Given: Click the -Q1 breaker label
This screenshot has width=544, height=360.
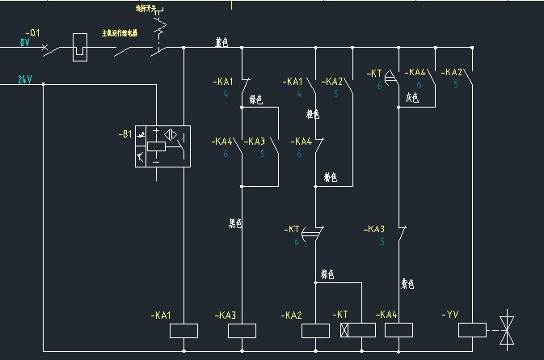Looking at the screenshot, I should coord(32,32).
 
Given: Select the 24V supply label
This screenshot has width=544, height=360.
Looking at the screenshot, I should coord(25,79).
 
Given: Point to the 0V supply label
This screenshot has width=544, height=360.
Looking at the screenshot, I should coord(24,42).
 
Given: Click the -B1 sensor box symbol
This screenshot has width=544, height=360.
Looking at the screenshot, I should coord(162,146).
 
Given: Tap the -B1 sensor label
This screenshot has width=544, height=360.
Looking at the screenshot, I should coord(125,134).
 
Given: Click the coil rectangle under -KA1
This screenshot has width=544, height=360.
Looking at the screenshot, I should coord(184,330).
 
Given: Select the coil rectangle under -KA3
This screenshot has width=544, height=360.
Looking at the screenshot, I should coord(243,330).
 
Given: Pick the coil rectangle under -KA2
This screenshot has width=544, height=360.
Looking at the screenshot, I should coord(315,330).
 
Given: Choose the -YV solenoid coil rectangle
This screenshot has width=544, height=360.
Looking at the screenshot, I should coord(471,330).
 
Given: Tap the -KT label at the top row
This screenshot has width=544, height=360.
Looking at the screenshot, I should coord(374,74).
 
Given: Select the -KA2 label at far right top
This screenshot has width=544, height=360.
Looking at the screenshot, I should coord(452,72).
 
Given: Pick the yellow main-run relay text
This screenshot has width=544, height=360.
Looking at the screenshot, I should coord(120,33).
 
